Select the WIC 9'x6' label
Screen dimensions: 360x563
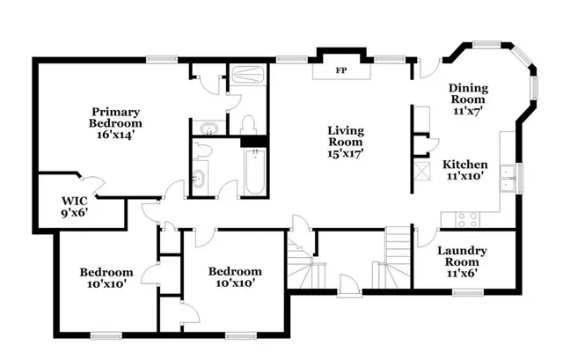coord(75,205)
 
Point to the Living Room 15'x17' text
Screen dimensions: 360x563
coord(346,142)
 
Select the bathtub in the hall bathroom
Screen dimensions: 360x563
coord(254,172)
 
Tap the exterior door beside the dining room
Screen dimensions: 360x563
coord(427,66)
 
